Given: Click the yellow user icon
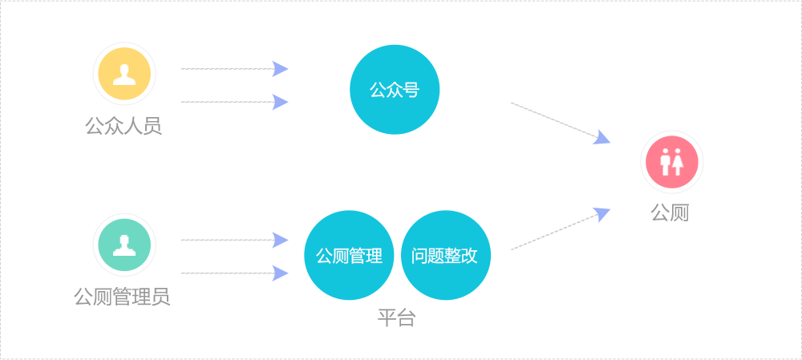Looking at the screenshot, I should (124, 74).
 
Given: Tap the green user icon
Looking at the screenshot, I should (124, 245).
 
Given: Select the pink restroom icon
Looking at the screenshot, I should (672, 162).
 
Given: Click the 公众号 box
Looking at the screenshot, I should (395, 89).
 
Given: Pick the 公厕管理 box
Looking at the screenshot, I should (349, 255).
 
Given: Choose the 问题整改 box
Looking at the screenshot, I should (446, 255).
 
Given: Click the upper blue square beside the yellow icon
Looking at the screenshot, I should (280, 69).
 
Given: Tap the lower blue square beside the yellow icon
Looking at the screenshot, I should (280, 102).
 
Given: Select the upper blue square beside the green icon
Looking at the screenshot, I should (280, 240).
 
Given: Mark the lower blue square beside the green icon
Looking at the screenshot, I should (280, 273).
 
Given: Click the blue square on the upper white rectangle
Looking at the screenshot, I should (601, 136).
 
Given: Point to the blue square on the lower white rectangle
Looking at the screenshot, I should (601, 215).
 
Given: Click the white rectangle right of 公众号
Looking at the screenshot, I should (552, 120).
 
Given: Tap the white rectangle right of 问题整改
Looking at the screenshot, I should (552, 232).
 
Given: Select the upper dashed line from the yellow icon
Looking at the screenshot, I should (225, 69).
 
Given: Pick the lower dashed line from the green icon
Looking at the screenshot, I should (225, 273).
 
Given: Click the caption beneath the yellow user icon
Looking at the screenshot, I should (124, 126).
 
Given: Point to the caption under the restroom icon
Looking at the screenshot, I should (670, 212).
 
